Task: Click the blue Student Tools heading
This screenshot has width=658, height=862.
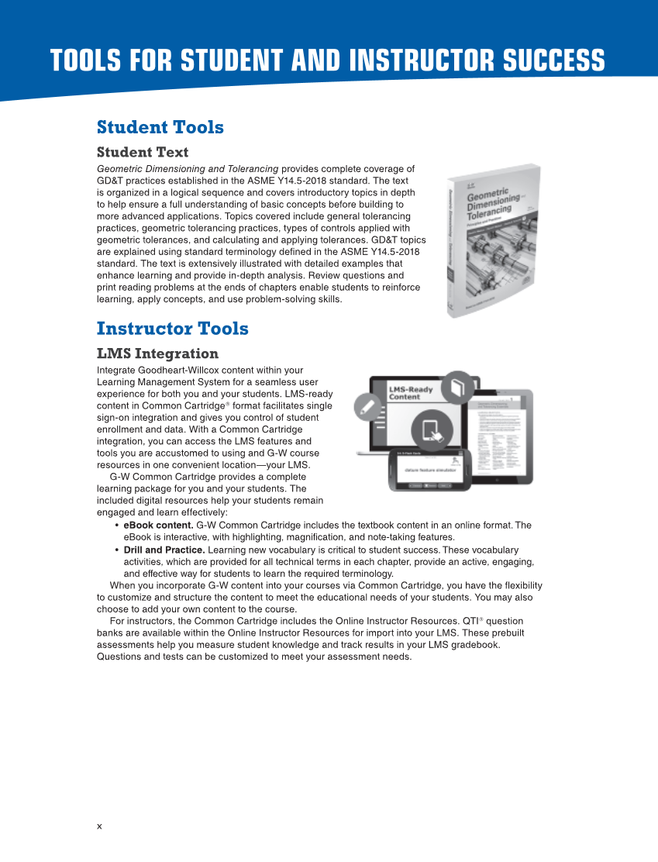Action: [160, 127]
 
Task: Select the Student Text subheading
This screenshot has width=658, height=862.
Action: [142, 152]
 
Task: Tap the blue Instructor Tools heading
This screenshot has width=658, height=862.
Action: [172, 329]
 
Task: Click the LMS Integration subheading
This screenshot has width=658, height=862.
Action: [157, 353]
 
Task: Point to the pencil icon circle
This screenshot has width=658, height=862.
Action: [367, 406]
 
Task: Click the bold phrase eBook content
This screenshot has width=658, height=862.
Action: [158, 526]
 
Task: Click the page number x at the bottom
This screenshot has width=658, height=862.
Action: [99, 826]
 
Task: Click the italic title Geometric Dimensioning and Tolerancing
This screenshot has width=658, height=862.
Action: [187, 169]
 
